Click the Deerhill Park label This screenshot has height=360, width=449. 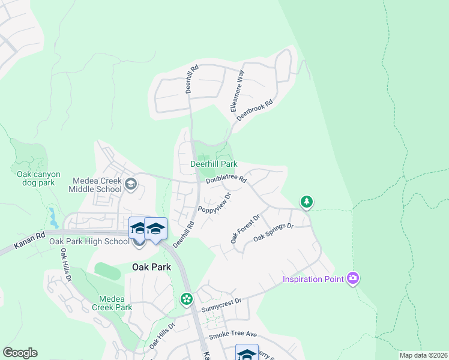(214, 164)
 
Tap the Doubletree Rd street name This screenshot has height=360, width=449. (226, 179)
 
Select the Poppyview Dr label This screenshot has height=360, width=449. (214, 203)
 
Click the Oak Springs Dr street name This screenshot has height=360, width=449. (273, 233)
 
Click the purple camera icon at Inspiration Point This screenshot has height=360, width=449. (353, 278)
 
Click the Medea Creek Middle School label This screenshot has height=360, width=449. (97, 184)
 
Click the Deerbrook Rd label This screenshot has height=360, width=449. (255, 110)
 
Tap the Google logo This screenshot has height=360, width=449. (20, 353)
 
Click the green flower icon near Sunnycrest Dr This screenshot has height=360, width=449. (187, 298)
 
